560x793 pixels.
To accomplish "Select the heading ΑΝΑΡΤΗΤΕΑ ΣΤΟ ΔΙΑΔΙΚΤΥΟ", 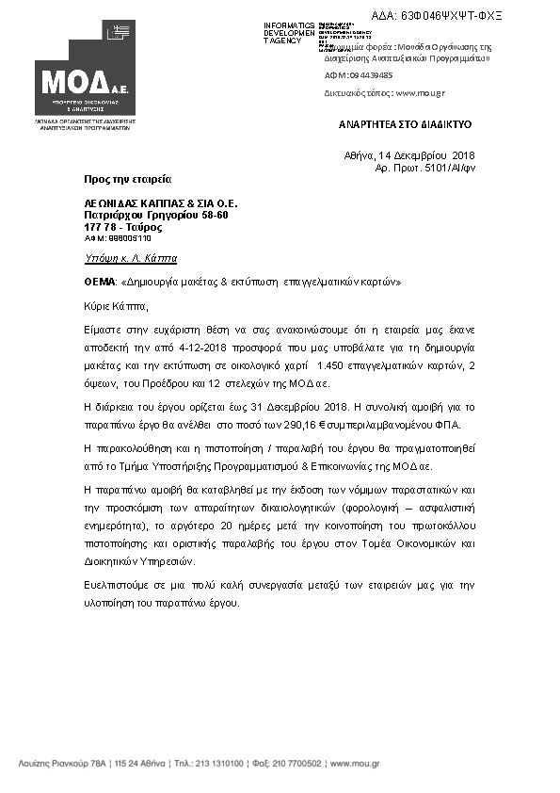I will point(405,124).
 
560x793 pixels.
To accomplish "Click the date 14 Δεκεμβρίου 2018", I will point(425,154).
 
